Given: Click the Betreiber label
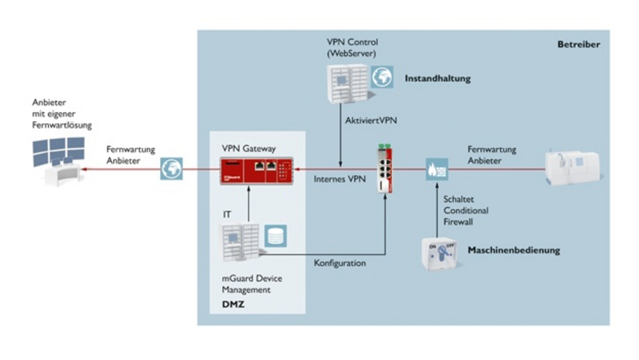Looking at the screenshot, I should click(578, 44).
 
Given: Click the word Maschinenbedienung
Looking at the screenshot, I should click(513, 250).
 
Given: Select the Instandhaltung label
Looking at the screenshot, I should click(438, 78).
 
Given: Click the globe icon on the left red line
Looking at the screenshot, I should click(171, 170).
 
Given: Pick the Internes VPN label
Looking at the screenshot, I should click(341, 178).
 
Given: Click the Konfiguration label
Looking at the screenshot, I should click(340, 263).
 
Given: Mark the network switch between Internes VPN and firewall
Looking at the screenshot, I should click(386, 169).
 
